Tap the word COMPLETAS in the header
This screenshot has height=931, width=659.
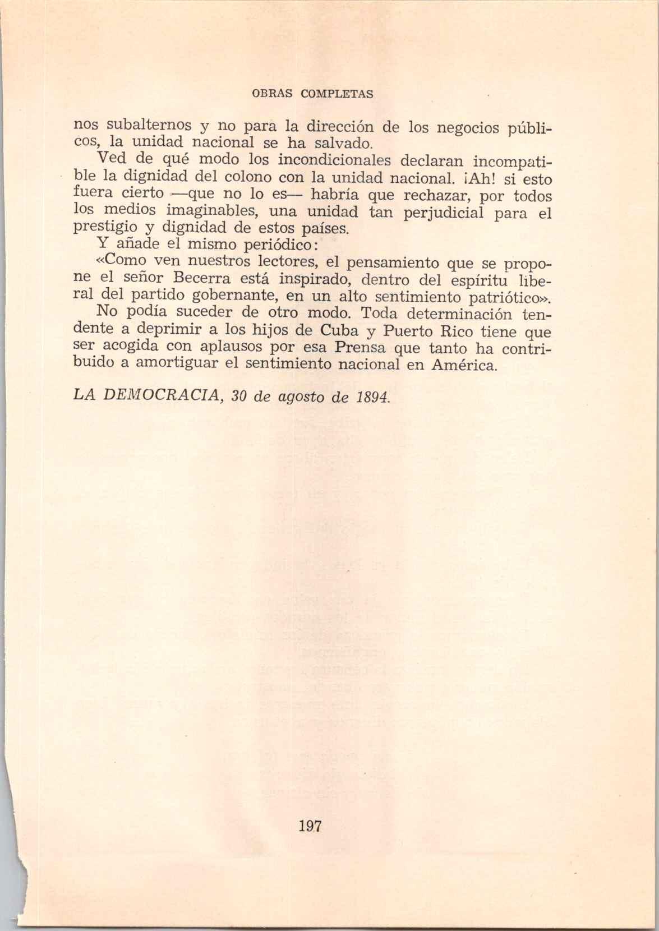(337, 94)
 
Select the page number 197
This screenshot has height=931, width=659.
(310, 826)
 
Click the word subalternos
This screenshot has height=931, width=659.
(134, 125)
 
